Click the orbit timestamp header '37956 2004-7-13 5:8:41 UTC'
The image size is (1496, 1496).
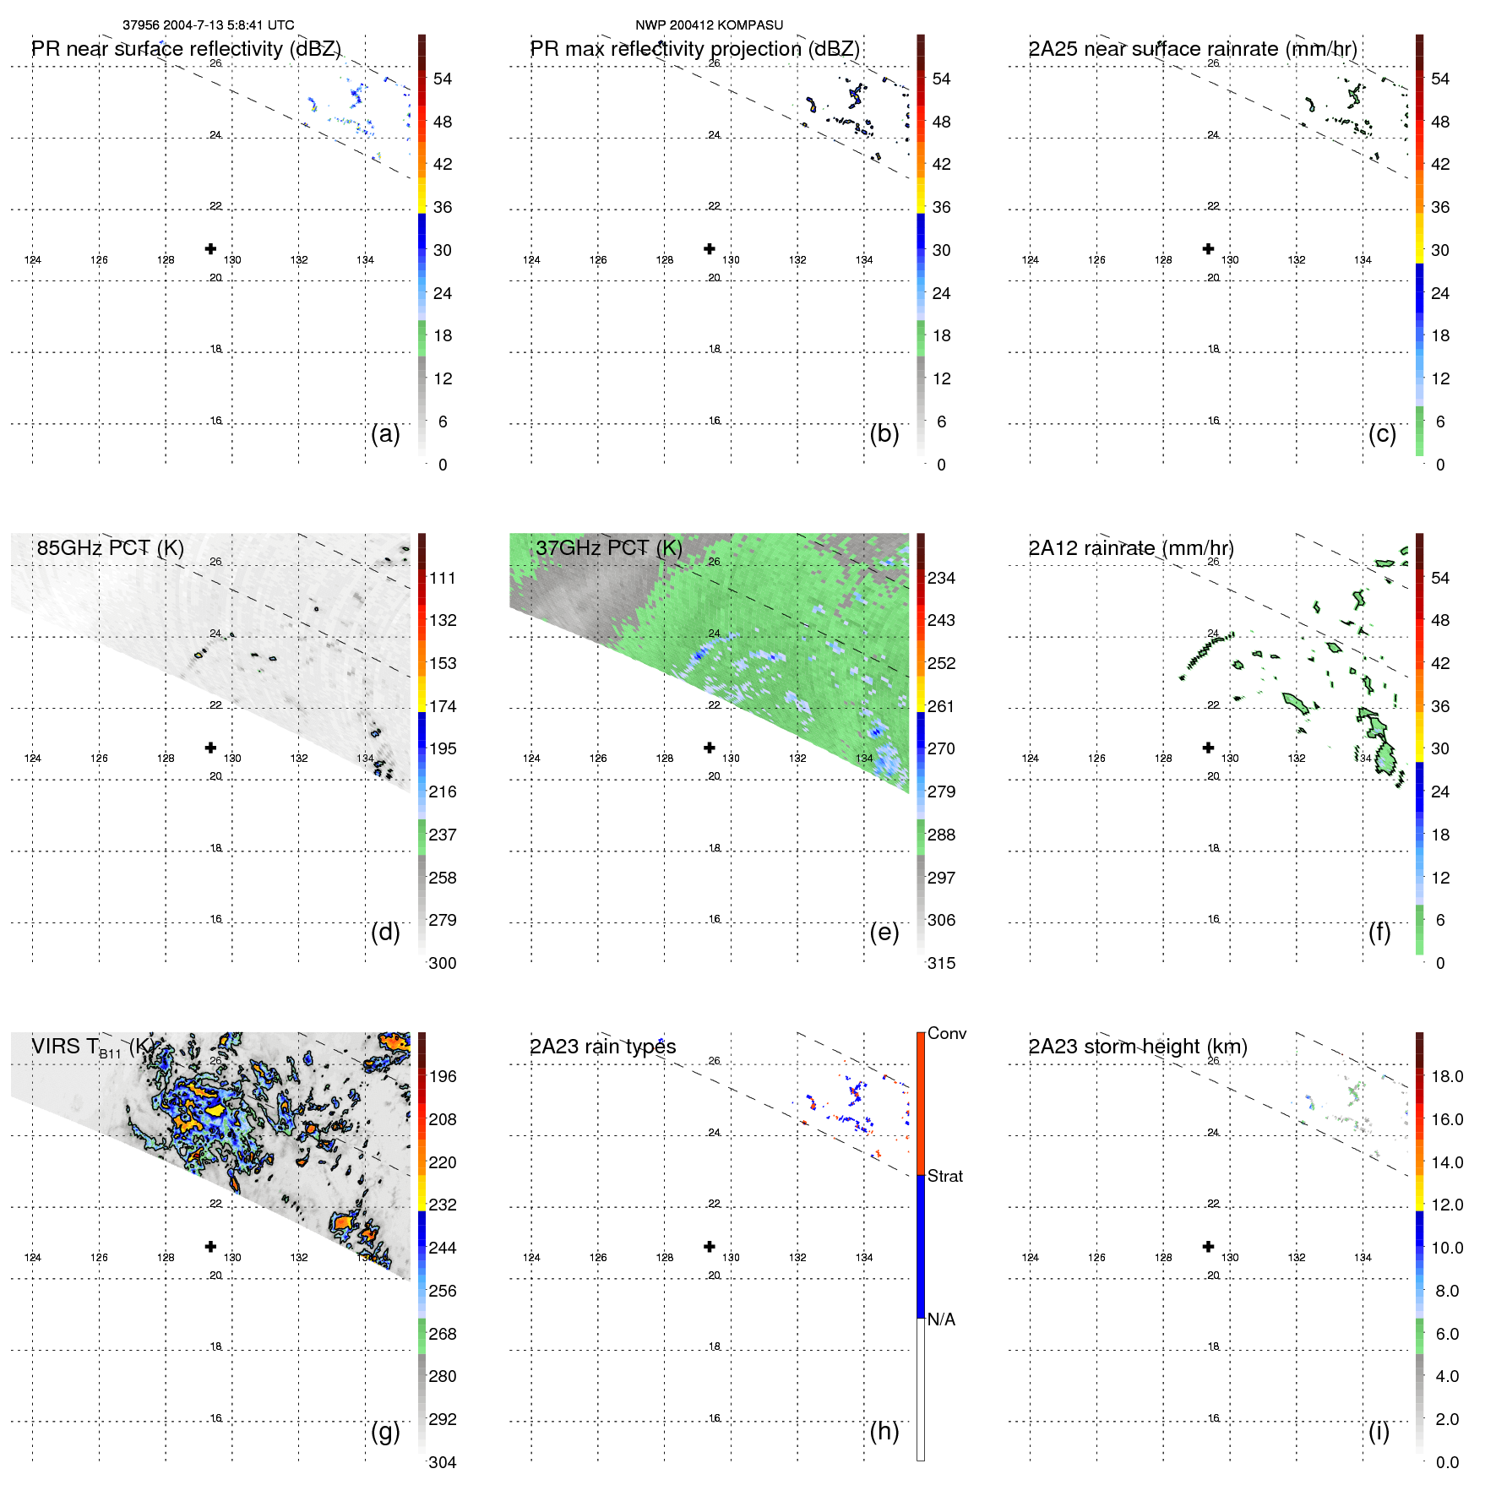(x=208, y=25)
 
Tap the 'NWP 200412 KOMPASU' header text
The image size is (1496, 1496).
(x=709, y=25)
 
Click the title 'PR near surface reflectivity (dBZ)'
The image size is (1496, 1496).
(x=186, y=49)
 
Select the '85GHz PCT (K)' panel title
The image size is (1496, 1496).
(x=110, y=548)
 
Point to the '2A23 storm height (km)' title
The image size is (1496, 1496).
(x=1137, y=1047)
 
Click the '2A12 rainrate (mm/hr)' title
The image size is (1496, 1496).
(x=1130, y=548)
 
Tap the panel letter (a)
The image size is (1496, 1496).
(x=385, y=433)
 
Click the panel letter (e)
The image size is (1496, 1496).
(x=884, y=932)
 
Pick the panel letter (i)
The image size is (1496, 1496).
(x=1379, y=1431)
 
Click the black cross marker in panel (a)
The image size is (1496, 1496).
(x=210, y=248)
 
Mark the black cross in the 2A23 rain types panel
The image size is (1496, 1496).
(x=710, y=1246)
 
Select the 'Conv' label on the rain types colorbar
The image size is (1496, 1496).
(x=946, y=1033)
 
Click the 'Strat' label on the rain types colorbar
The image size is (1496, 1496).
(x=944, y=1176)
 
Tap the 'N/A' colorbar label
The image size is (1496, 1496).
(x=941, y=1319)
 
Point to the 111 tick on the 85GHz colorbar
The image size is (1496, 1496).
(x=442, y=578)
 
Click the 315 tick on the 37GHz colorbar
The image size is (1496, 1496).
(x=941, y=963)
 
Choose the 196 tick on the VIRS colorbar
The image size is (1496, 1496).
(x=442, y=1076)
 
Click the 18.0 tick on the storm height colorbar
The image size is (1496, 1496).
(x=1446, y=1076)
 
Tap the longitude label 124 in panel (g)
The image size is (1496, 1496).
(x=33, y=1258)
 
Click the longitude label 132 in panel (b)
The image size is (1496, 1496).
(x=797, y=260)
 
